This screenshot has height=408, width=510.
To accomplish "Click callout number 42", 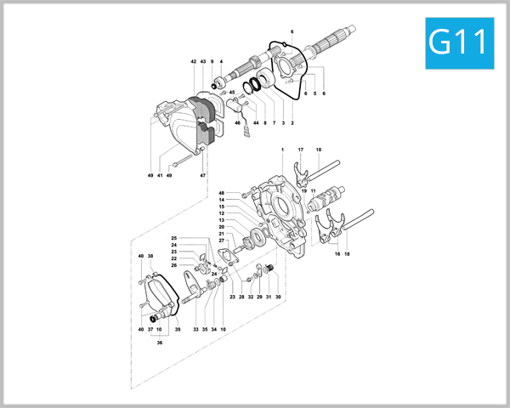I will point(194,62).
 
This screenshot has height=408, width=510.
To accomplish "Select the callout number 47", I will point(203,175).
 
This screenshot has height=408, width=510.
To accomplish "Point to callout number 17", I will point(301,150).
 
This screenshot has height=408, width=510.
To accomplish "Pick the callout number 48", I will point(222,193).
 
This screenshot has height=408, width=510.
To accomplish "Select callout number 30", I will point(278,297).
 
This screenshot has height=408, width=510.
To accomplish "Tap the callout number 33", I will point(195,329).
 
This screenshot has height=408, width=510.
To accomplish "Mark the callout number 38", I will point(150,256).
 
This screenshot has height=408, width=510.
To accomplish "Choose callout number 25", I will point(173,238).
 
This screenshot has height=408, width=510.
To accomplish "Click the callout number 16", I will point(337,253).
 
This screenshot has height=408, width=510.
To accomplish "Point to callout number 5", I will point(314,93).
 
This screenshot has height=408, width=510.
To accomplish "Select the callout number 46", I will point(238,124).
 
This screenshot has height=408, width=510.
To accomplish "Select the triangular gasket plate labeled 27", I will point(232,255).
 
